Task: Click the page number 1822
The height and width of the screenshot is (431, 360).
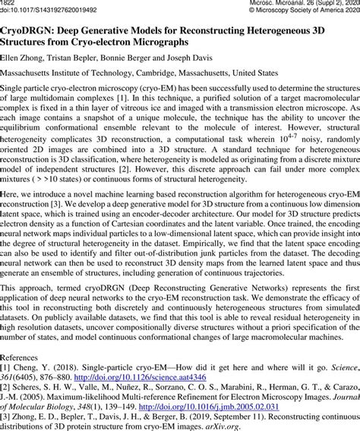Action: [10, 3]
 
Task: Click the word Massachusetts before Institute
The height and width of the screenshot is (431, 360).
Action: [33, 74]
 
